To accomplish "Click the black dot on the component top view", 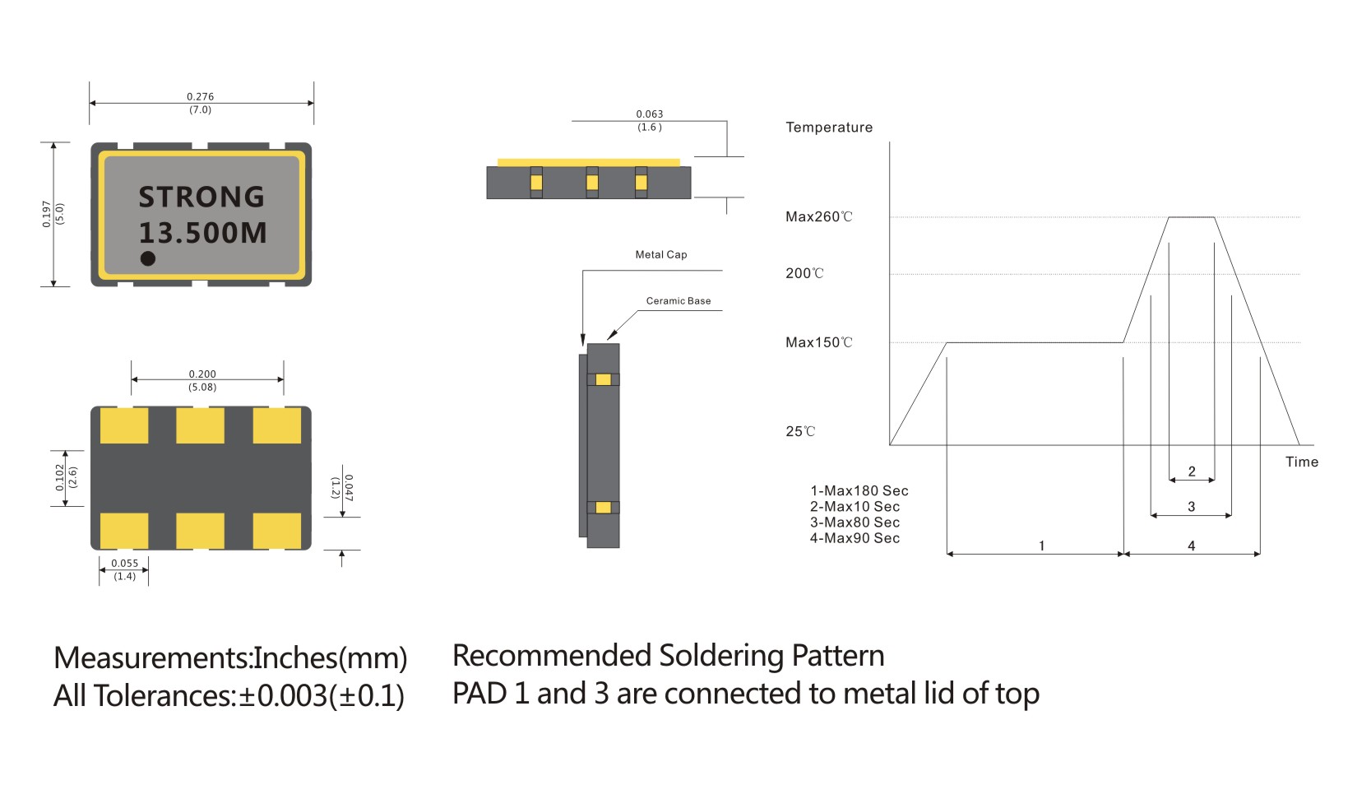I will click(148, 258).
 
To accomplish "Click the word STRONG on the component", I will click(201, 197).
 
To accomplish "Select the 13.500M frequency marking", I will click(202, 233).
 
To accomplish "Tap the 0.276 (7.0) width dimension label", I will click(200, 103).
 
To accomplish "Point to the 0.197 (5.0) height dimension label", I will click(53, 214).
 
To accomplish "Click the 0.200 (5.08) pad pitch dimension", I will click(202, 380).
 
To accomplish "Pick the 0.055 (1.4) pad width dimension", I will click(125, 569).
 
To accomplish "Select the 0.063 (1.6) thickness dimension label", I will click(649, 120).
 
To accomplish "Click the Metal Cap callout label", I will click(660, 255).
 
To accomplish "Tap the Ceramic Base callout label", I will click(678, 301).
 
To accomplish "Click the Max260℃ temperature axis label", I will click(818, 217).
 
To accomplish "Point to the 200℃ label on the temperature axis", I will click(804, 273).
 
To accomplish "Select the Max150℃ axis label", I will click(818, 342).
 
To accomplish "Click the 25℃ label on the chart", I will click(800, 431).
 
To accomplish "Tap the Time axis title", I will click(1301, 462).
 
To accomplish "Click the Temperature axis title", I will click(828, 128).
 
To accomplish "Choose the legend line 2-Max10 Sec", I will click(855, 507).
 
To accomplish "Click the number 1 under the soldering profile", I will click(1041, 546).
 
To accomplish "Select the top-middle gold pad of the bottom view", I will click(200, 425).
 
